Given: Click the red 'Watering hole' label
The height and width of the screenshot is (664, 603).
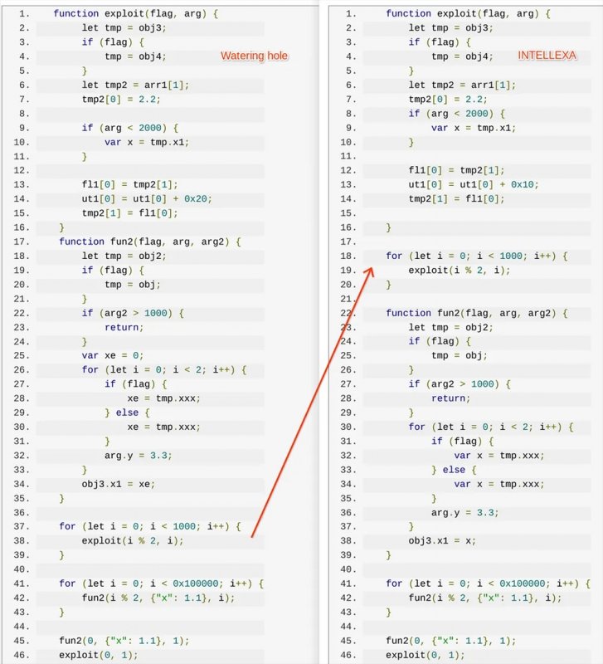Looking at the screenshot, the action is point(254,56).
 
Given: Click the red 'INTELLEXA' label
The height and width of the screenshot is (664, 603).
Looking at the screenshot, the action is point(547,56).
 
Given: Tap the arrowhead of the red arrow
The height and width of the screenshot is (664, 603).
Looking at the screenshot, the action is point(369,272).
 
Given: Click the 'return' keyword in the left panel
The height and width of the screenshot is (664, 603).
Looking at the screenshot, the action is point(121,327).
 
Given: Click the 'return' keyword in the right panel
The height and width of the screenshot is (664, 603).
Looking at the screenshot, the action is point(448,398).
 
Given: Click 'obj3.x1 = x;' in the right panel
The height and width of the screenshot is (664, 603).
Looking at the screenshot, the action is point(442,541).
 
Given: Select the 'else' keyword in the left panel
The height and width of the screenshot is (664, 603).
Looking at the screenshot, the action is point(127,413).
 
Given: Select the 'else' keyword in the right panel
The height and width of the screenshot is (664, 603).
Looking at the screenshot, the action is point(454,470).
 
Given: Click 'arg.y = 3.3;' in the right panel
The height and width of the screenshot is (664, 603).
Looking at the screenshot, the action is point(465,512).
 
